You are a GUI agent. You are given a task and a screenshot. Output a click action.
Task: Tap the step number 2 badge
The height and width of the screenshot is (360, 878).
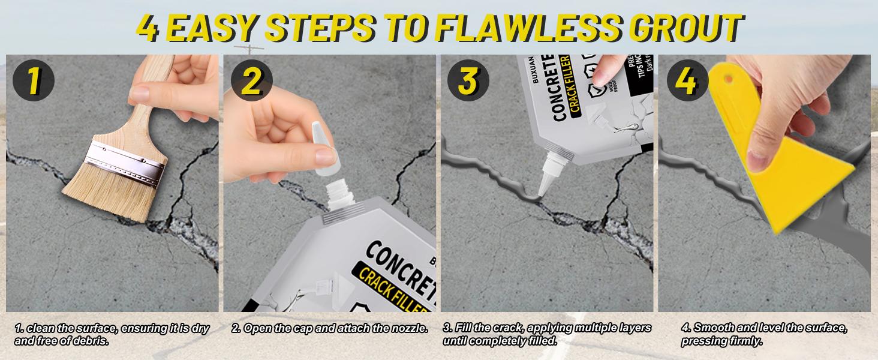251,82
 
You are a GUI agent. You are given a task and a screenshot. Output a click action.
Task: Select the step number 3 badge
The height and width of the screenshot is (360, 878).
468,82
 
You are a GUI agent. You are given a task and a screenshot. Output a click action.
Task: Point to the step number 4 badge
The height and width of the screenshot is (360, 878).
685,82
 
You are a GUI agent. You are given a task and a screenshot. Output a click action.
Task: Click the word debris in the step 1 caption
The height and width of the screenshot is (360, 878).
94,341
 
